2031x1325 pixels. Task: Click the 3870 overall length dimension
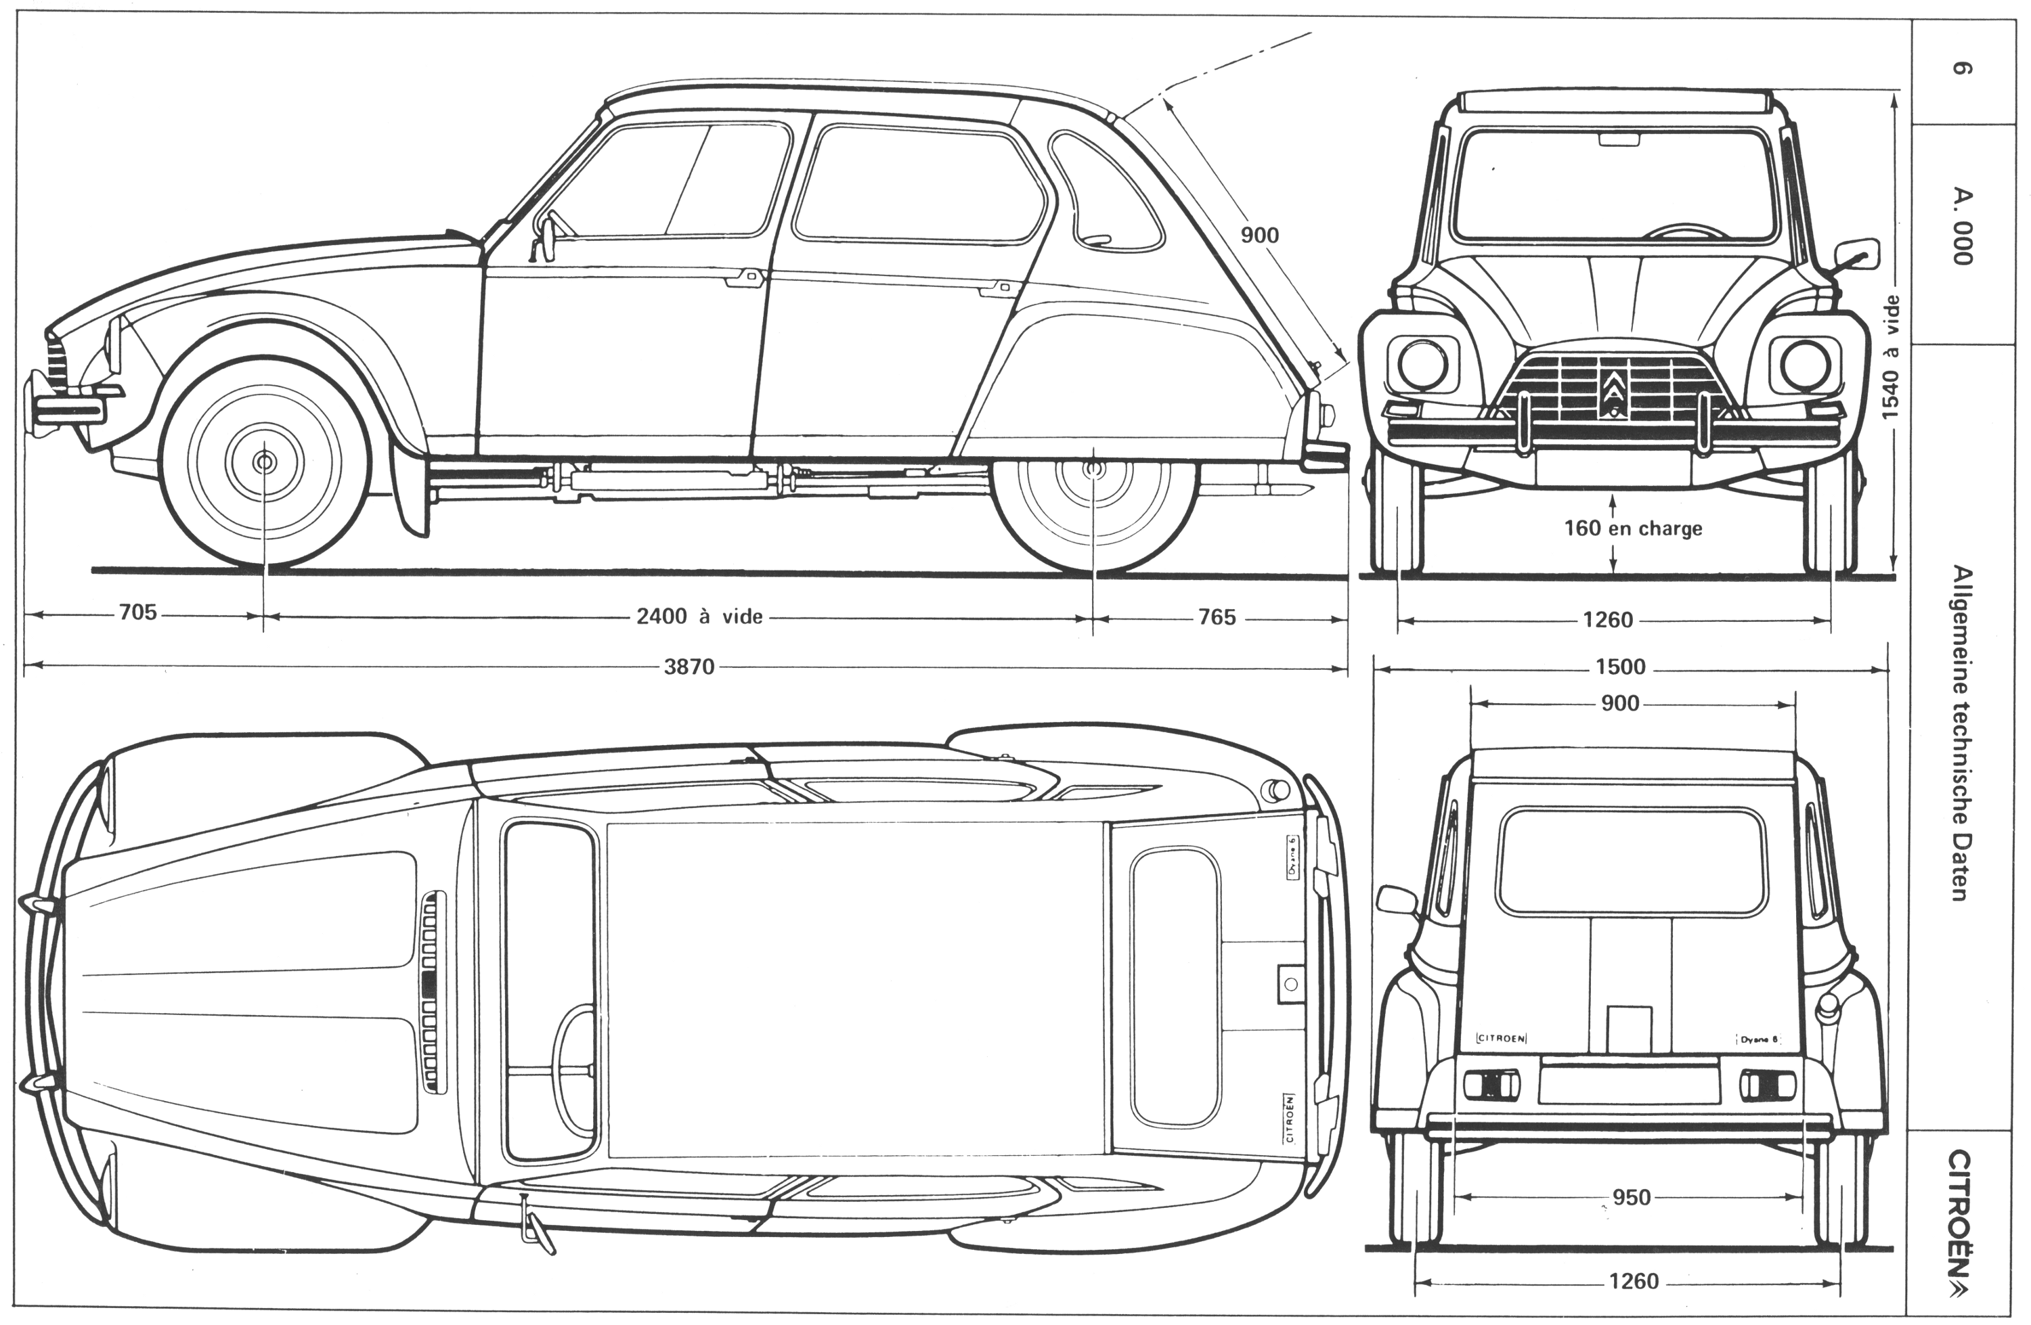(689, 667)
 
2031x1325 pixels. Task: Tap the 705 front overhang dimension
(138, 612)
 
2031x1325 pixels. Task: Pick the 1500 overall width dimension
(1619, 667)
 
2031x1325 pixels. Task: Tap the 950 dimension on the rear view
(1631, 1198)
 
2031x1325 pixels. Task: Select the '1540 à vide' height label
(1891, 357)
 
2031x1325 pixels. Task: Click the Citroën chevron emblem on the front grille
(1613, 393)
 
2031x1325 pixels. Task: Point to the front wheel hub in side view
(265, 462)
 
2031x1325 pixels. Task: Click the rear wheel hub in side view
(1093, 469)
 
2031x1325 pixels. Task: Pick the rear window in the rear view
(1631, 861)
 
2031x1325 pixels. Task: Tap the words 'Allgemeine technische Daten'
(1959, 734)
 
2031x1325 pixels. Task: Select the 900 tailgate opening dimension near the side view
(1260, 235)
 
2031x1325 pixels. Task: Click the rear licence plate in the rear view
(1628, 1079)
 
